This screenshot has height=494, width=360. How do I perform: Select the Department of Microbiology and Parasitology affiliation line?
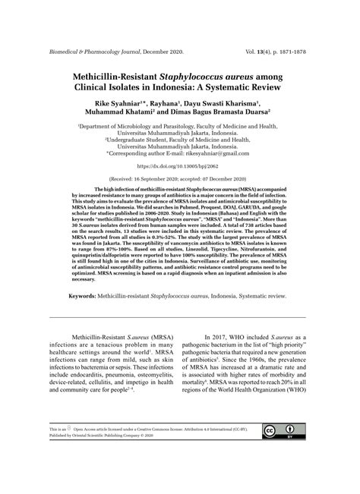(179, 129)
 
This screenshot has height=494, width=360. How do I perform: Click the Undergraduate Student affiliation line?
(179, 141)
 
